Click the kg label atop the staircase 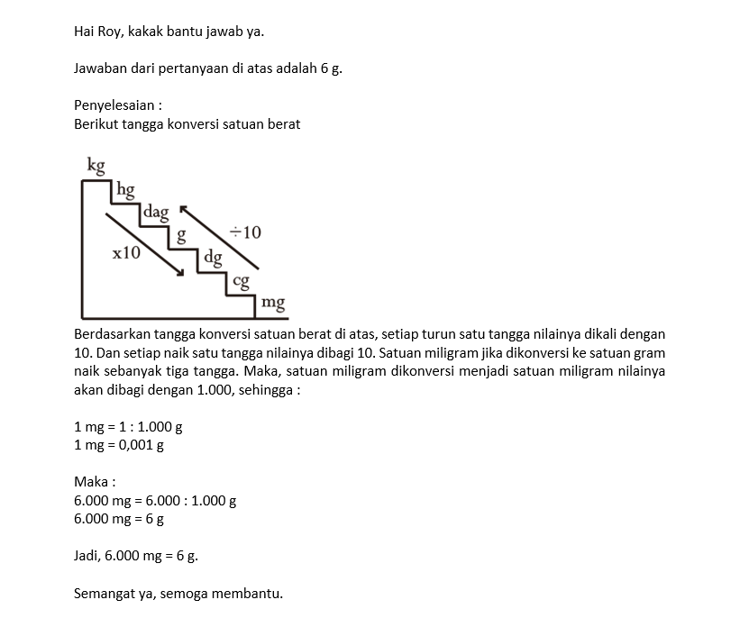(96, 166)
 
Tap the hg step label (125, 190)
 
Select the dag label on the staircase (156, 213)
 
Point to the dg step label (213, 258)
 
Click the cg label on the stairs (241, 281)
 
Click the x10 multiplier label (126, 253)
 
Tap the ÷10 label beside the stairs (244, 232)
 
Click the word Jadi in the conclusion (87, 556)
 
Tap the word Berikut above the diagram (97, 123)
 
